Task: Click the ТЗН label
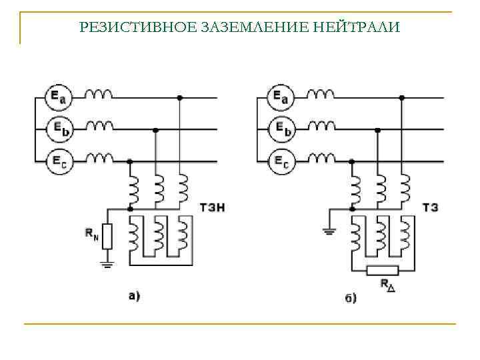(x=213, y=208)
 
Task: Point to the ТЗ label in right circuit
(x=430, y=208)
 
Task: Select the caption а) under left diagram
(x=134, y=297)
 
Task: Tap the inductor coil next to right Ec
(x=321, y=158)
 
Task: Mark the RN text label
(x=91, y=233)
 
